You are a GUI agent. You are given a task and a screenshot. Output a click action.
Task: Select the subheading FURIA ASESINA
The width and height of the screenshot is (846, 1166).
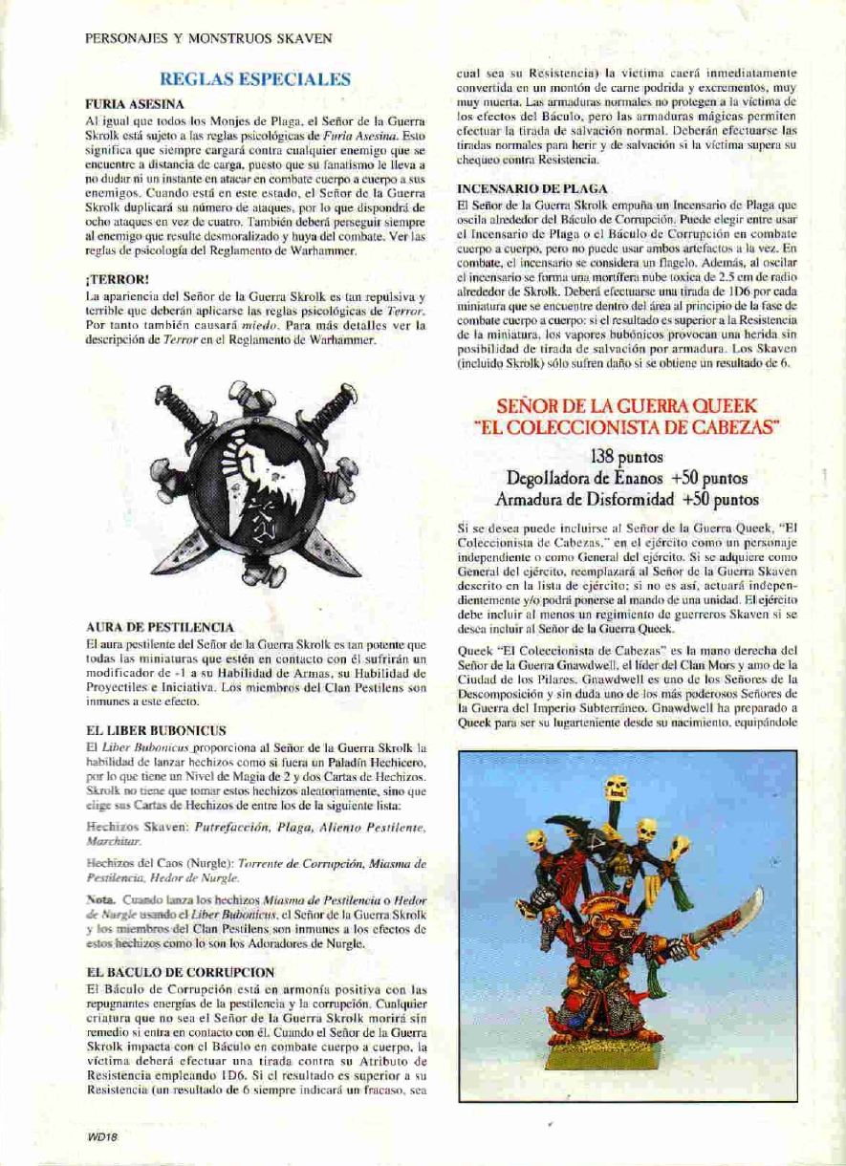tap(135, 103)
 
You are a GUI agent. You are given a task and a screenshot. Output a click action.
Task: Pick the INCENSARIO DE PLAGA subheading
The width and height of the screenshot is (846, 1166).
tap(532, 190)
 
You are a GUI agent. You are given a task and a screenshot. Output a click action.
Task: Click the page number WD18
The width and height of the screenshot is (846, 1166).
tap(100, 1136)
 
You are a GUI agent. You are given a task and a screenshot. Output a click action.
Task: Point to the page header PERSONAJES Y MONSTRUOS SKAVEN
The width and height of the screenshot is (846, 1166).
tap(208, 39)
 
